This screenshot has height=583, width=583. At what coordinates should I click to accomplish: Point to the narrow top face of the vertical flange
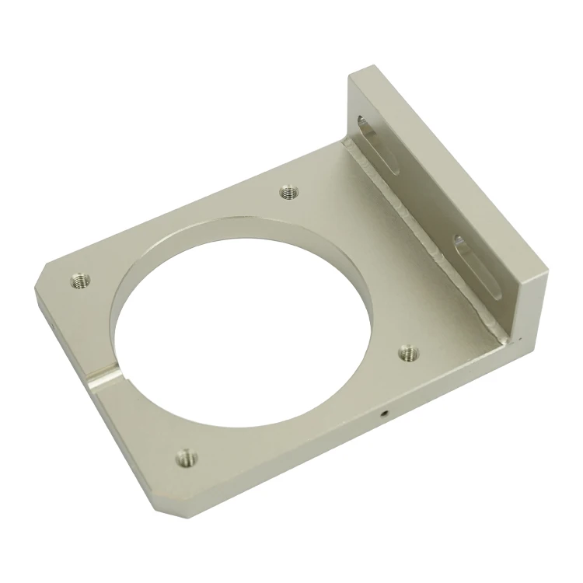pyautogui.click(x=451, y=163)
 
